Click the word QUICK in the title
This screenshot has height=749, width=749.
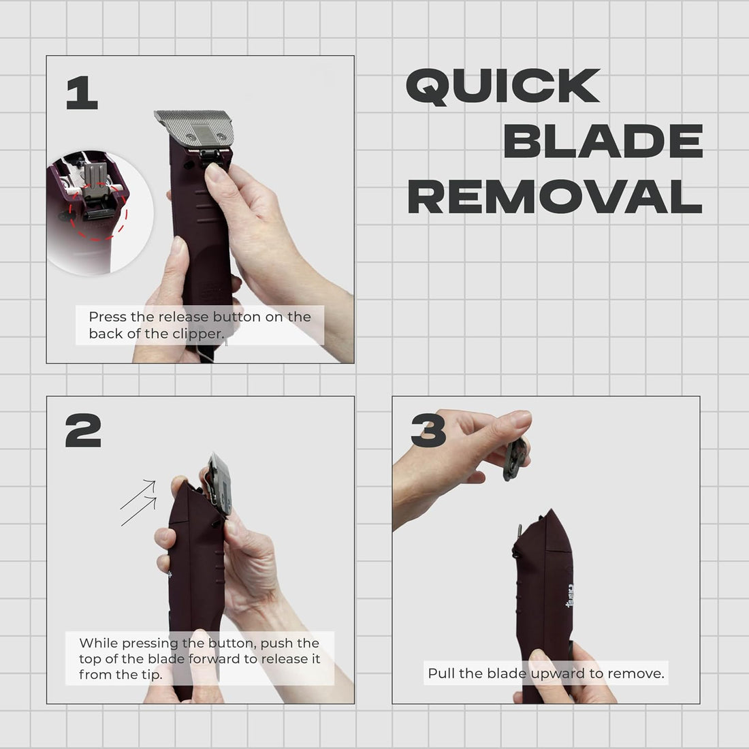503,86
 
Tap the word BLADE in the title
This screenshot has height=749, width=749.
603,141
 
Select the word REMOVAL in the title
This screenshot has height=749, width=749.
555,196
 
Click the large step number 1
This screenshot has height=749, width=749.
82,93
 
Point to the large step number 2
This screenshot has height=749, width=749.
83,430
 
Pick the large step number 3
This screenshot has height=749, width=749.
428,430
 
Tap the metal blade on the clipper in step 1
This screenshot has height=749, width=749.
195,127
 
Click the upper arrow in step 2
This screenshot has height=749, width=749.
138,495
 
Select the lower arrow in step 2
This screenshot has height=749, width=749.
139,511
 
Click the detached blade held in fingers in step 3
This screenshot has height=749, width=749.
515,458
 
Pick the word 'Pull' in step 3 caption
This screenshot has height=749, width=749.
441,673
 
